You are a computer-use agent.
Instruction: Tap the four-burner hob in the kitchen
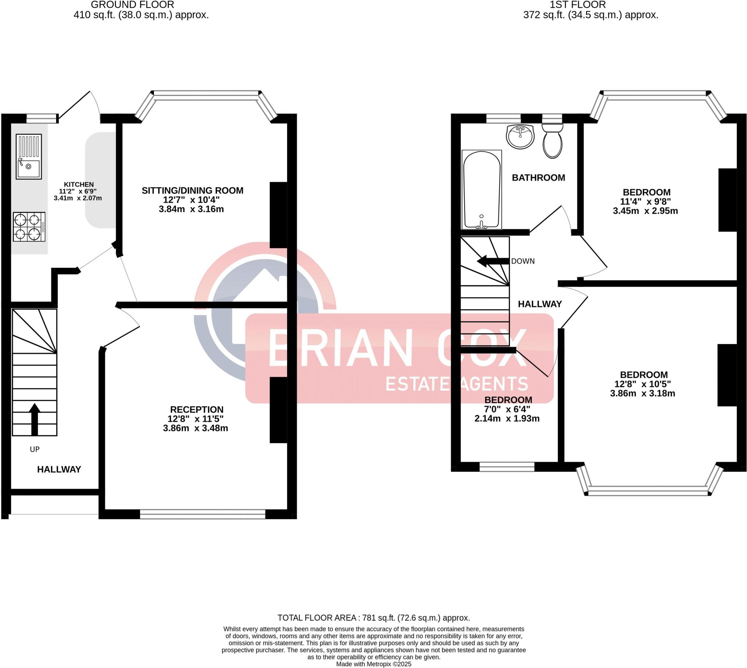pos(29,226)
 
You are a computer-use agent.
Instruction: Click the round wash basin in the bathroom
pos(520,136)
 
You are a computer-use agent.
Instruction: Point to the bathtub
pos(481,190)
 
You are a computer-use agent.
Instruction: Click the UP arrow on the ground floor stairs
pos(35,419)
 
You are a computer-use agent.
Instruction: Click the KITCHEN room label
pos(78,184)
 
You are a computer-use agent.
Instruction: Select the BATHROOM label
pos(538,177)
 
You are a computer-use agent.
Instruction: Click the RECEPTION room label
pos(197,409)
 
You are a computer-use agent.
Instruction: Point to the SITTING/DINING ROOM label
pos(193,190)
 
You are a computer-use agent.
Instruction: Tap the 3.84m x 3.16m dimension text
pos(191,209)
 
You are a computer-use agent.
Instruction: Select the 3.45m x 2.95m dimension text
pos(645,211)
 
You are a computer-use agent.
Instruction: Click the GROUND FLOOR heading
pos(132,5)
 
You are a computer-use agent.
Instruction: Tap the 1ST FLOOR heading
pos(577,5)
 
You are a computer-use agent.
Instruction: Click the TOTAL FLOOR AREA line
pos(373,618)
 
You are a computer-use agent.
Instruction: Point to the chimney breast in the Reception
pos(278,410)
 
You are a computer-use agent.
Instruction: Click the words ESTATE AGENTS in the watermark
pos(457,384)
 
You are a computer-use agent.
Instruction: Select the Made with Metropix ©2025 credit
pos(373,664)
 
